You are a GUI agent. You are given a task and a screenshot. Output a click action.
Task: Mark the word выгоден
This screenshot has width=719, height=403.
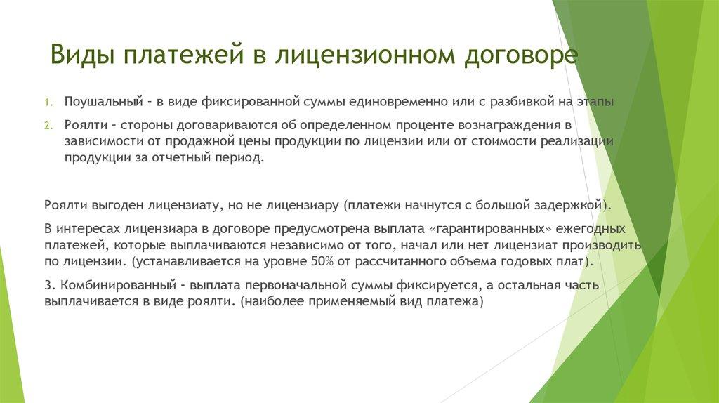tap(117, 206)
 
